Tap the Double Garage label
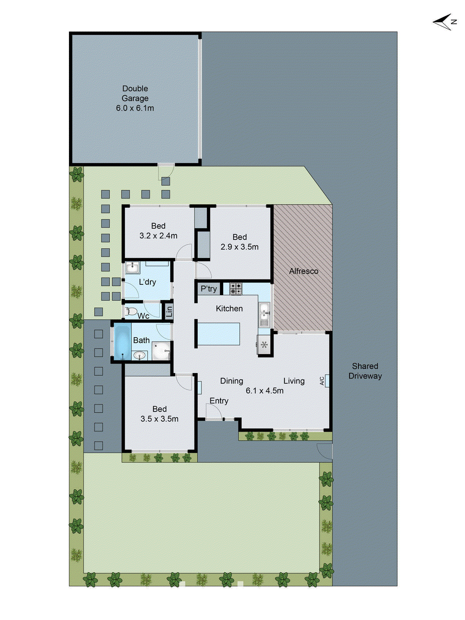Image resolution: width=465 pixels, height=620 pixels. [x=135, y=93]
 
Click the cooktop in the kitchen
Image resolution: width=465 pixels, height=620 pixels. [x=236, y=289]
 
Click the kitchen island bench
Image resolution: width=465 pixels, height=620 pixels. [x=219, y=334]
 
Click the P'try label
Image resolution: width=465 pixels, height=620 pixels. [x=208, y=289]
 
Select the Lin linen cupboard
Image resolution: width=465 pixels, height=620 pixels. [x=169, y=311]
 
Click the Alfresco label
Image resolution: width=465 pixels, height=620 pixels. [x=303, y=271]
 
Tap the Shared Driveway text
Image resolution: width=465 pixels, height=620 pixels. [x=365, y=371]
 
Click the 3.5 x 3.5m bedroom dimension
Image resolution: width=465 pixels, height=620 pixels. [x=159, y=419]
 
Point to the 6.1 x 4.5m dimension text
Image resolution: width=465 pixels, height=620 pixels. [x=264, y=391]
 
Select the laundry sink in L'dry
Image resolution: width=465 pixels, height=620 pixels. [x=133, y=267]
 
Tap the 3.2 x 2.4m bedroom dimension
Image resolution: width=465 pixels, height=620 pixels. [x=158, y=236]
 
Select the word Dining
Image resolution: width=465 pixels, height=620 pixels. [x=231, y=381]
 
